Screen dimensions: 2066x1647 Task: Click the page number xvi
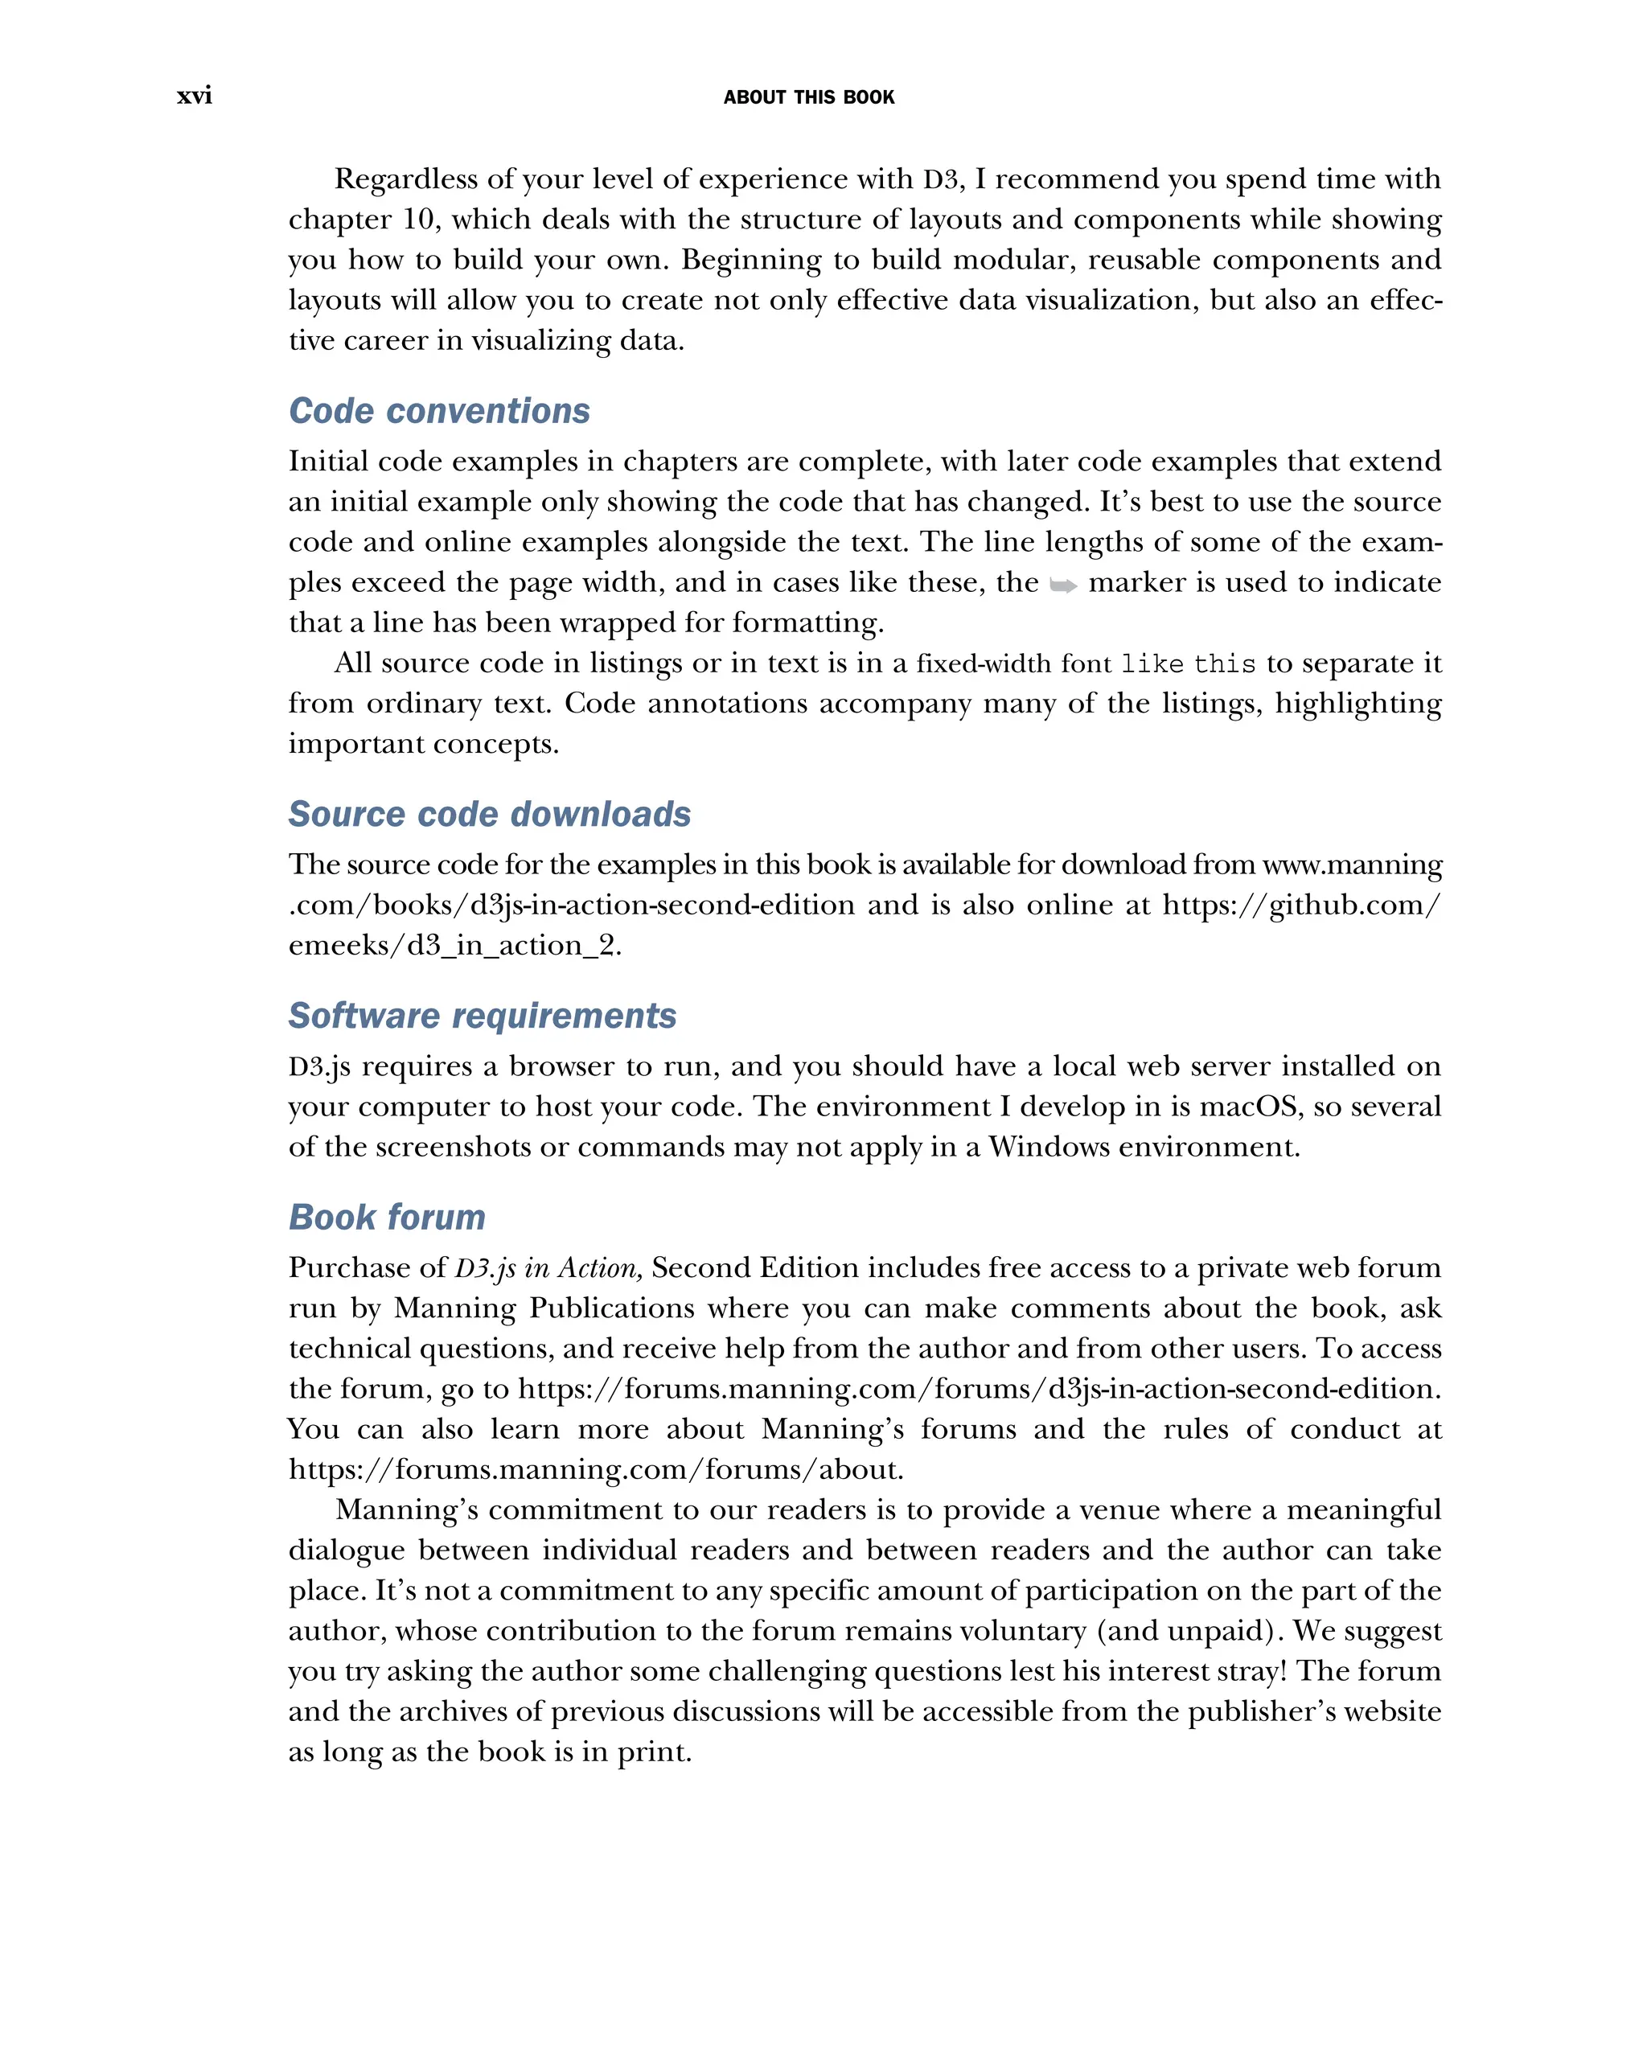(x=195, y=96)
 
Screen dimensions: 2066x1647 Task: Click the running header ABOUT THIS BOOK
(x=809, y=97)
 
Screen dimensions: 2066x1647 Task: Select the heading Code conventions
(x=439, y=410)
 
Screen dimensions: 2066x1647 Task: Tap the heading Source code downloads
(x=490, y=814)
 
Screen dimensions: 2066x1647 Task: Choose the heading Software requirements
(x=482, y=1015)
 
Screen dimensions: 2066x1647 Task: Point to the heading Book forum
(x=387, y=1217)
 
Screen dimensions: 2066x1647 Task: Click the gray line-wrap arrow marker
(x=1062, y=585)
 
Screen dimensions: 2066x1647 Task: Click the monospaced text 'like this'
(x=1188, y=664)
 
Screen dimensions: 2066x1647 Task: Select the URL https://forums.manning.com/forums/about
(x=595, y=1469)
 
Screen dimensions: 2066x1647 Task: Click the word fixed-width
(x=986, y=664)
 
